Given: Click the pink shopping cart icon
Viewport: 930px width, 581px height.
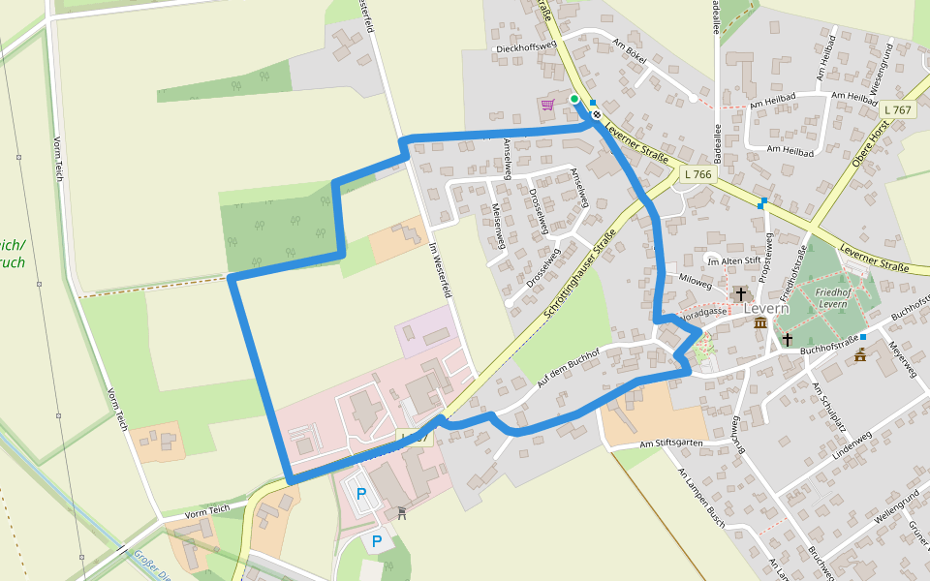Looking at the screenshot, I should click(x=547, y=105).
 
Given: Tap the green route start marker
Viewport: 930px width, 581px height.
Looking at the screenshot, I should click(x=574, y=99).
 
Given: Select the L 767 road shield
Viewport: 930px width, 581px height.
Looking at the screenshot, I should click(x=898, y=110).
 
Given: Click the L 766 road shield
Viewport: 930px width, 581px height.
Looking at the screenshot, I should click(x=697, y=174).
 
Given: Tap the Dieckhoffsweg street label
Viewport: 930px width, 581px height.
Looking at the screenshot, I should click(x=525, y=46).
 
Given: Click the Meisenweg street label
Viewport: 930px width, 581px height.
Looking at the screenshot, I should click(x=498, y=224).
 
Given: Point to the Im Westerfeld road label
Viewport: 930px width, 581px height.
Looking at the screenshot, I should click(x=441, y=268).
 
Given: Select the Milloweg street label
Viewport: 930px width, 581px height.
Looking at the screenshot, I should click(x=696, y=278).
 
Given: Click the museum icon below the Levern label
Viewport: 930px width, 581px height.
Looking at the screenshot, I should click(x=760, y=323).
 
